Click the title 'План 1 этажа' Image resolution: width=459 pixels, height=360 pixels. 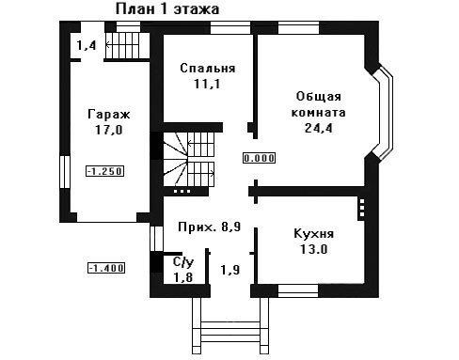coord(167,9)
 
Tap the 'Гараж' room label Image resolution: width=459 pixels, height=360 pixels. coord(109,115)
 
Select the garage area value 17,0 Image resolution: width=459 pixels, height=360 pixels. coord(109,130)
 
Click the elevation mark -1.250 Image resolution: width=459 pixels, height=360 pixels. coord(105,171)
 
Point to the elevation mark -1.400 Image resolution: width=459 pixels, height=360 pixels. coord(106,268)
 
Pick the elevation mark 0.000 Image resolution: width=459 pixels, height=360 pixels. coord(260,158)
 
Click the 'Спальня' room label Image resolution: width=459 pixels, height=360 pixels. coord(208,69)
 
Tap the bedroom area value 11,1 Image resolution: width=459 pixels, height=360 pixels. coord(207,84)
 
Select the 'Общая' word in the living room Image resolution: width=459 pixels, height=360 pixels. coord(319,97)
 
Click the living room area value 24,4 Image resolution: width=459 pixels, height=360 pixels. coord(319,128)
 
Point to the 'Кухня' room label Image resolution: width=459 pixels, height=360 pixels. coord(314,234)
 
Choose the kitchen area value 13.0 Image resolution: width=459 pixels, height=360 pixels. coord(314,249)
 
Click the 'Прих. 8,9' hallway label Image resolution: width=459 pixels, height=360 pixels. coord(210,227)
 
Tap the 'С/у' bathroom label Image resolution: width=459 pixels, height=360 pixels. coord(183,262)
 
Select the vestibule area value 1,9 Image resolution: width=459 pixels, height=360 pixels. coord(230,270)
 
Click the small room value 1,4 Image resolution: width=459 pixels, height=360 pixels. coord(87,46)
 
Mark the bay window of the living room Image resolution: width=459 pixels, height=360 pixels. coord(384,114)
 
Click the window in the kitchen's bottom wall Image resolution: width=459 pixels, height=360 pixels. coord(298,290)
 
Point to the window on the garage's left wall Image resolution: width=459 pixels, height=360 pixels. coord(65,172)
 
